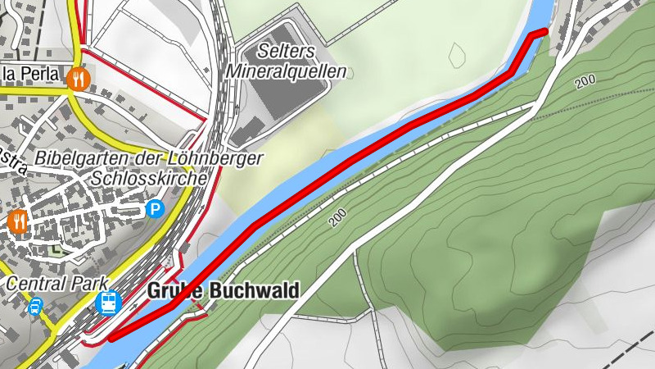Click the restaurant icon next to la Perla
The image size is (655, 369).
click(79, 78)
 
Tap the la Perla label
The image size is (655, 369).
click(32, 75)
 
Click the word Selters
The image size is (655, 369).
click(286, 51)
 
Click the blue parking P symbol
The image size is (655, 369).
click(155, 210)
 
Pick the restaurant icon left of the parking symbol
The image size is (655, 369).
click(18, 221)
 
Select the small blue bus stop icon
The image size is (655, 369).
click(36, 308)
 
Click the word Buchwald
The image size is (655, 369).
click(254, 290)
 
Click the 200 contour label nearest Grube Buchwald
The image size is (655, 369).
click(338, 218)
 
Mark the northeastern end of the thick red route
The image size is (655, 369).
click(544, 32)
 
